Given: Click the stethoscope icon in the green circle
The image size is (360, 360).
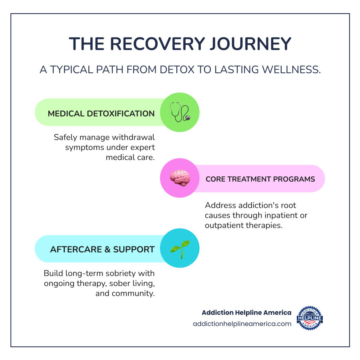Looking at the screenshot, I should point(180,112).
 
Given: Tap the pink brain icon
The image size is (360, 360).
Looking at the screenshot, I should point(180,178).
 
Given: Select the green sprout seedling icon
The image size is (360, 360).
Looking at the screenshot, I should point(180,248).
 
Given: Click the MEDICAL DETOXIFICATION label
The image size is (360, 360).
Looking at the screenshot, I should point(101,114).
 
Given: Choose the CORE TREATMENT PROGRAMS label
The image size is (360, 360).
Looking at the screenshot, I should point(260,179).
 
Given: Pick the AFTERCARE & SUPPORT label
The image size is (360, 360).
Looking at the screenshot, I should point(102,250).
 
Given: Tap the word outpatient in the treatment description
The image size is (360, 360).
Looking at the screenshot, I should point(224,225).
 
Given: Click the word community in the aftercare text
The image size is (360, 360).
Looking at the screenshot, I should point(136,293).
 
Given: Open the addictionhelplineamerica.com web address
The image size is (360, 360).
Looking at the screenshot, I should point(242,324).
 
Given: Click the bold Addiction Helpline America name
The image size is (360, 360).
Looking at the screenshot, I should point(246,312).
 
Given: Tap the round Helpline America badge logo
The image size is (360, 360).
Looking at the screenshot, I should point(310,318).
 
